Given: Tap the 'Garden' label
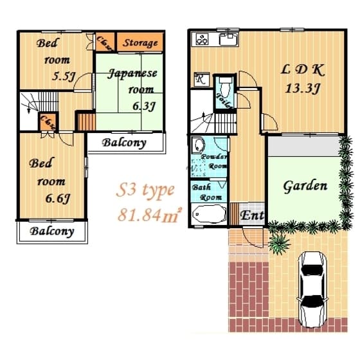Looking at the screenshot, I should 305,186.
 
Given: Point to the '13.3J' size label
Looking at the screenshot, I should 302,89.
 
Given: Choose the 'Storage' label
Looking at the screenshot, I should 139,42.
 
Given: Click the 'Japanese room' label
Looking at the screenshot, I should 132,81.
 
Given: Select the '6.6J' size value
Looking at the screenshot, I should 59,199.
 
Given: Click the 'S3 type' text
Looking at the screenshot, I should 145,190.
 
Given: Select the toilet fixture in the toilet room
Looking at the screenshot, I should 226,87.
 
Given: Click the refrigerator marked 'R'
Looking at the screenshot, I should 200,80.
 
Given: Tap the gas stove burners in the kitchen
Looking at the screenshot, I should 202,39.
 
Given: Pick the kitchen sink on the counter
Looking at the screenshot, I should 228,39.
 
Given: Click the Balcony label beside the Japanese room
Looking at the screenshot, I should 125,143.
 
